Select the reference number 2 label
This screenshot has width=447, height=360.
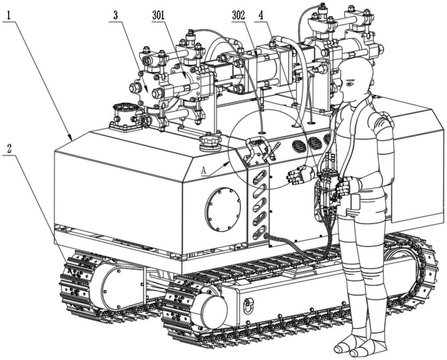pyautogui.click(x=9, y=148)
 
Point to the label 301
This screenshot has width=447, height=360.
pyautogui.click(x=158, y=15)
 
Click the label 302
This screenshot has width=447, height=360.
pyautogui.click(x=239, y=15)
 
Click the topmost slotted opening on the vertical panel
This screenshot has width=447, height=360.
pyautogui.click(x=260, y=177)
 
